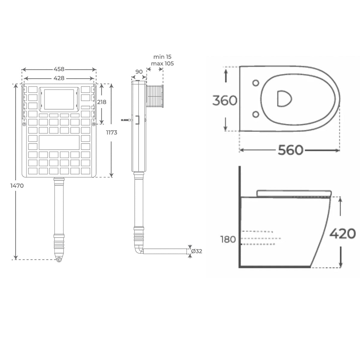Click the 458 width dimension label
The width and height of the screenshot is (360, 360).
pyautogui.click(x=59, y=69)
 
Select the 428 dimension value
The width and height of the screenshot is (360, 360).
pyautogui.click(x=59, y=78)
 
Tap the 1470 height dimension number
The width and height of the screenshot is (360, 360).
pyautogui.click(x=17, y=186)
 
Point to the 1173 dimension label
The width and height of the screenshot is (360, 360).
pyautogui.click(x=112, y=133)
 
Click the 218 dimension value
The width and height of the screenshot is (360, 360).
pyautogui.click(x=102, y=102)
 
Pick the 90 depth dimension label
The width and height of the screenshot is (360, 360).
pyautogui.click(x=139, y=72)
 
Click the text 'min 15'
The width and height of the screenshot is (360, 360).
pyautogui.click(x=162, y=57)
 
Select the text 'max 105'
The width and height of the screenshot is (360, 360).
pyautogui.click(x=162, y=64)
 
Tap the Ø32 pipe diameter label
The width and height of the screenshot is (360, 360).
pyautogui.click(x=197, y=251)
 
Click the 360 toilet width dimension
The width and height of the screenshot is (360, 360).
pyautogui.click(x=225, y=100)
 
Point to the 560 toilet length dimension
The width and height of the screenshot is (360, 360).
pyautogui.click(x=290, y=150)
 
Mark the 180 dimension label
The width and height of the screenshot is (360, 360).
pyautogui.click(x=228, y=239)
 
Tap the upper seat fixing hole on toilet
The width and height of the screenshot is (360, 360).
pyautogui.click(x=256, y=83)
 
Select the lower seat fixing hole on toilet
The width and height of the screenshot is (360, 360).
pyautogui.click(x=256, y=114)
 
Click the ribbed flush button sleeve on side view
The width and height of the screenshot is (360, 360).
pyautogui.click(x=155, y=96)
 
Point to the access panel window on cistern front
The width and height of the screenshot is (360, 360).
pyautogui.click(x=59, y=99)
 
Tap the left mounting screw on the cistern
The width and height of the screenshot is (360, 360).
pyautogui.click(x=24, y=124)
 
